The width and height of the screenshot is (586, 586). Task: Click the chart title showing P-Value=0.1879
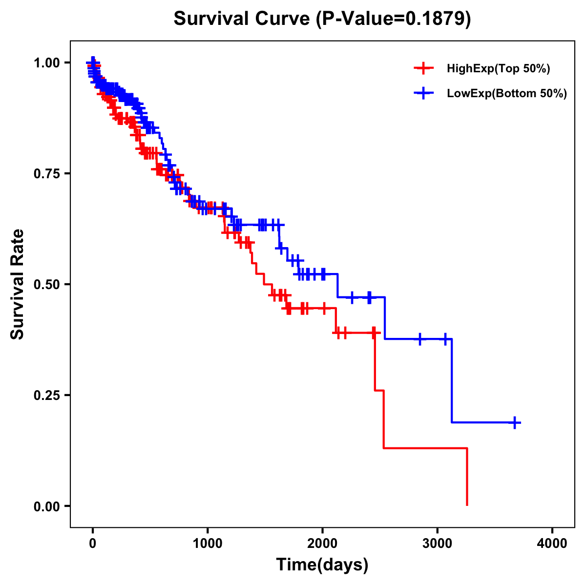(322, 19)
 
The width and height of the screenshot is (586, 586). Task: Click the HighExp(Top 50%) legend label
(499, 69)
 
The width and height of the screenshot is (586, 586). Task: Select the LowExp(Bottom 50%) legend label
(507, 94)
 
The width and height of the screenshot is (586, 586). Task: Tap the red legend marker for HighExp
(423, 68)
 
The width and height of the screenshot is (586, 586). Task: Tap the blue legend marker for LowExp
(423, 93)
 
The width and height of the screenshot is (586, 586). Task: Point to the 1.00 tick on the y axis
(47, 63)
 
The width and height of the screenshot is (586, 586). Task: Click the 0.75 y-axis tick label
(47, 173)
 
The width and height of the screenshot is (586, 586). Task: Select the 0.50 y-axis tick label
(47, 284)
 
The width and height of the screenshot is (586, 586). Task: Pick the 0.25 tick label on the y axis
(47, 395)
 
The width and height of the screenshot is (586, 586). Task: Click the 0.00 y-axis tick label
(47, 506)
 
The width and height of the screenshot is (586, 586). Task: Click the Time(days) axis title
(322, 565)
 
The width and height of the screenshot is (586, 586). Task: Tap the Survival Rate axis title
(18, 284)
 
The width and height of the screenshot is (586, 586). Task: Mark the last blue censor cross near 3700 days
(515, 422)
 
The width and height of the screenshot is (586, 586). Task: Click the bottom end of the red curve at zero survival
(467, 505)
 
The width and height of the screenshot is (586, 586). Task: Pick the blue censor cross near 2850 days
(419, 339)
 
